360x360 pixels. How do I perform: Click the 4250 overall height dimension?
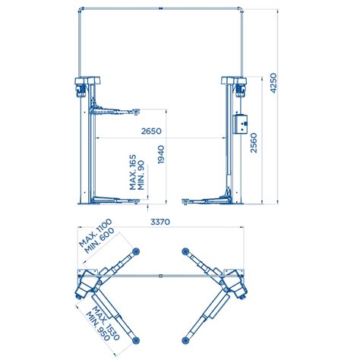click(273, 83)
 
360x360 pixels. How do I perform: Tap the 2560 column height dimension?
click(254, 143)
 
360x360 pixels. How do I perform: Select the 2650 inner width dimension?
click(151, 131)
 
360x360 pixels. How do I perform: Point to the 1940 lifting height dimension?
click(161, 154)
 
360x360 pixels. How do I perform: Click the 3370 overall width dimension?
click(160, 222)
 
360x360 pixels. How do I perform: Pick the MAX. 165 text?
click(133, 172)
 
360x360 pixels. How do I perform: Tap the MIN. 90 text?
click(141, 175)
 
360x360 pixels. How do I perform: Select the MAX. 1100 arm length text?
click(95, 233)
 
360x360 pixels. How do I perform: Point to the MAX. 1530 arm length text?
click(106, 323)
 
